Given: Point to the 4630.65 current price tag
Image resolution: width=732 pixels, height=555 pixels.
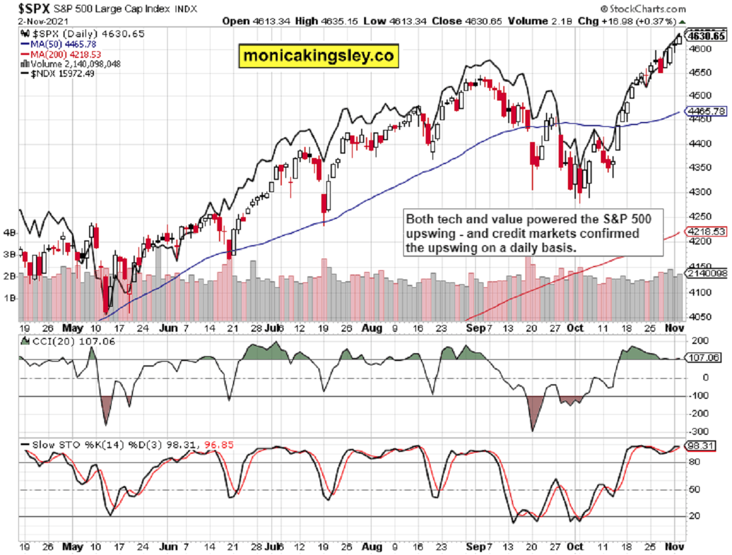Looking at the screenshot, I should [x=706, y=36].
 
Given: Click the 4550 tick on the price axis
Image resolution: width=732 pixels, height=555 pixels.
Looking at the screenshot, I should [x=699, y=72].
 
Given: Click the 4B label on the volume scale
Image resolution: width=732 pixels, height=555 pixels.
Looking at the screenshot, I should [x=10, y=232].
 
